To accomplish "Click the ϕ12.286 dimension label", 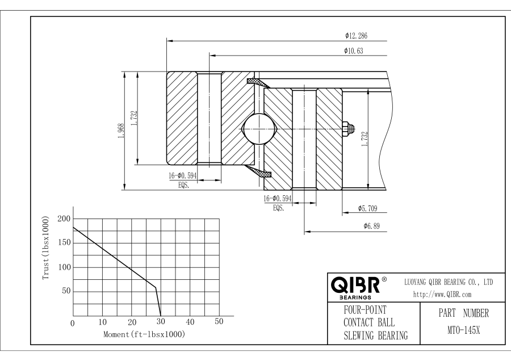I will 356,36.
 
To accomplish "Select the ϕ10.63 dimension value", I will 354,51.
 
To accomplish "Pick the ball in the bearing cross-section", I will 258,129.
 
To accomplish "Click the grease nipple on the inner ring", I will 348,129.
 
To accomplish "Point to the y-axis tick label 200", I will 64,219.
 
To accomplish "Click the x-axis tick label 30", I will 161,322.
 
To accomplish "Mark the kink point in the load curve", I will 156,287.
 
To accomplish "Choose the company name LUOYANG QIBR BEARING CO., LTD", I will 449,282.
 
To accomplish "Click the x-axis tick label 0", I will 73,323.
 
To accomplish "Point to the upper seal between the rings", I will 256,83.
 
